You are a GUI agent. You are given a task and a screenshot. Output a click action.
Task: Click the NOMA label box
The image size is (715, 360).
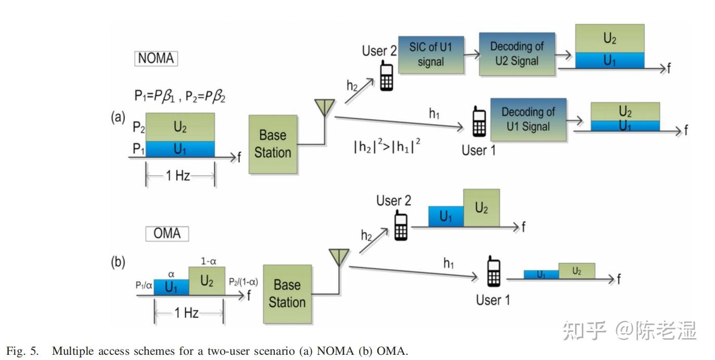pos(156,58)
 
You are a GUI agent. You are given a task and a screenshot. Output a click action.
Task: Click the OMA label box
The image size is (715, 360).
pos(167,233)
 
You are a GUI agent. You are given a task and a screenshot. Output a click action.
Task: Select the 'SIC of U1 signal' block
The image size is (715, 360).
pos(431,55)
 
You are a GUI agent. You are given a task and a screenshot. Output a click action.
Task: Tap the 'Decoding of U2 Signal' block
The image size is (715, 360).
pos(517,54)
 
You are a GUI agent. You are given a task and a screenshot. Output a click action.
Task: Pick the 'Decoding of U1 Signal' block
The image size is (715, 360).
pos(528,119)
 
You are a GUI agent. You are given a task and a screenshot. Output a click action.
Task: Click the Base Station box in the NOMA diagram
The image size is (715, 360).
pos(273,144)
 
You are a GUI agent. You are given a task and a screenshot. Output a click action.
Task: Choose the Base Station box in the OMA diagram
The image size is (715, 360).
pos(287,294)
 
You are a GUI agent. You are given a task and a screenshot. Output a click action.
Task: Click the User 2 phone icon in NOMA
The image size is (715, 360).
pos(387,76)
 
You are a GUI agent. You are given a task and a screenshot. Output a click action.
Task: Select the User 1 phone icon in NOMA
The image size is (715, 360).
pos(479,121)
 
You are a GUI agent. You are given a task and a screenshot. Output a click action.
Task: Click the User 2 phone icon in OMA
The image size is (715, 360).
pos(401,225)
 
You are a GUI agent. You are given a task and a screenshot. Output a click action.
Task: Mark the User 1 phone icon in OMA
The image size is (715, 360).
pos(493,271)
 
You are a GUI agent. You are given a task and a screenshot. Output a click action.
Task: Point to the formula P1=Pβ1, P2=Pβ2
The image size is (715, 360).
pos(180,96)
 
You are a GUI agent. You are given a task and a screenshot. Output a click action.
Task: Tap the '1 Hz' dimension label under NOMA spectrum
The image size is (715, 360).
pos(178,175)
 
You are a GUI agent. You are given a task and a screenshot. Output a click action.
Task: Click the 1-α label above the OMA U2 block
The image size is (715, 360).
pos(209,261)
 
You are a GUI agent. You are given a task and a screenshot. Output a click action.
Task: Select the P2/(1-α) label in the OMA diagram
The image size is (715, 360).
pos(243,282)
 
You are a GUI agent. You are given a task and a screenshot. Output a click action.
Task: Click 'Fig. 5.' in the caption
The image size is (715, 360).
pos(22,351)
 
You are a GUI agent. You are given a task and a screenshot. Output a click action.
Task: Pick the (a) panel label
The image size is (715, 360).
pos(118,117)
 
